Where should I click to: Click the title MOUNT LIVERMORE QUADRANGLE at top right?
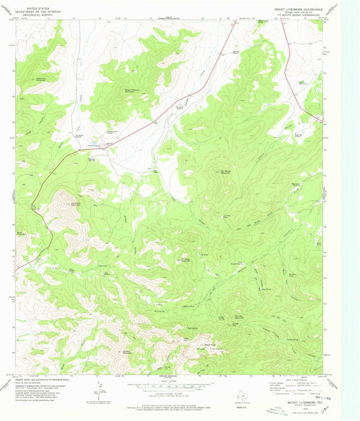(x=303, y=8)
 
